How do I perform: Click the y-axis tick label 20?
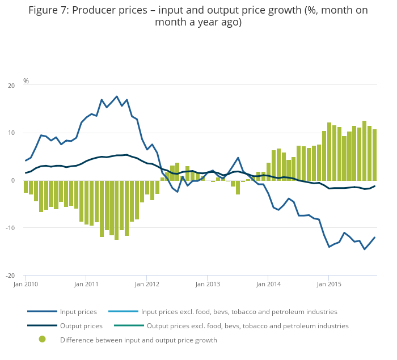(11, 86)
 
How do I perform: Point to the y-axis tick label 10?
(11, 133)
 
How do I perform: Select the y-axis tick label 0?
(13, 180)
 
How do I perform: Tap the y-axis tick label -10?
(11, 228)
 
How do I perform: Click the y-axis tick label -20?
(11, 276)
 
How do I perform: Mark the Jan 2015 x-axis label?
(329, 283)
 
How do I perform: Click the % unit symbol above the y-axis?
(26, 81)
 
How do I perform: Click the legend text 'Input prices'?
(78, 312)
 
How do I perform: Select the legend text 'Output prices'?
(81, 326)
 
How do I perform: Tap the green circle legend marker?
(42, 340)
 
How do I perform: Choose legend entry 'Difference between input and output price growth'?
(138, 340)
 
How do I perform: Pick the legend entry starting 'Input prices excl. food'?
(239, 312)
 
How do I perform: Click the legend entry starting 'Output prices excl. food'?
(247, 326)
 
